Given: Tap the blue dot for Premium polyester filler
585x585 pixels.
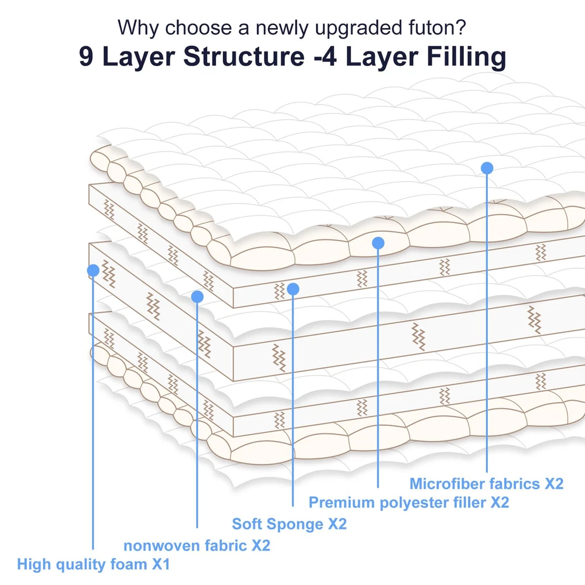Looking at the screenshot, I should pyautogui.click(x=378, y=242).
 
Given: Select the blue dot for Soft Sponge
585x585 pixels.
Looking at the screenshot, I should pyautogui.click(x=293, y=289).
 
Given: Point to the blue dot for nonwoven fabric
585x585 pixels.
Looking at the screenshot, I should pyautogui.click(x=197, y=297).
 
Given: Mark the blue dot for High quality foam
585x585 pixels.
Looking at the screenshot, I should pyautogui.click(x=92, y=270).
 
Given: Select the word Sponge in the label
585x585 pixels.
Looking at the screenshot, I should pyautogui.click(x=294, y=524).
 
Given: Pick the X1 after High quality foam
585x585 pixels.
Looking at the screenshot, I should pyautogui.click(x=161, y=565).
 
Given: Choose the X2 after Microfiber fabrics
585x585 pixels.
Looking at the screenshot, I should pyautogui.click(x=553, y=484).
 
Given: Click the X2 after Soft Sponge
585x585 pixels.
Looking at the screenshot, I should pyautogui.click(x=336, y=524).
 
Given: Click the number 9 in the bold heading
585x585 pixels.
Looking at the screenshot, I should pyautogui.click(x=86, y=57).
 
